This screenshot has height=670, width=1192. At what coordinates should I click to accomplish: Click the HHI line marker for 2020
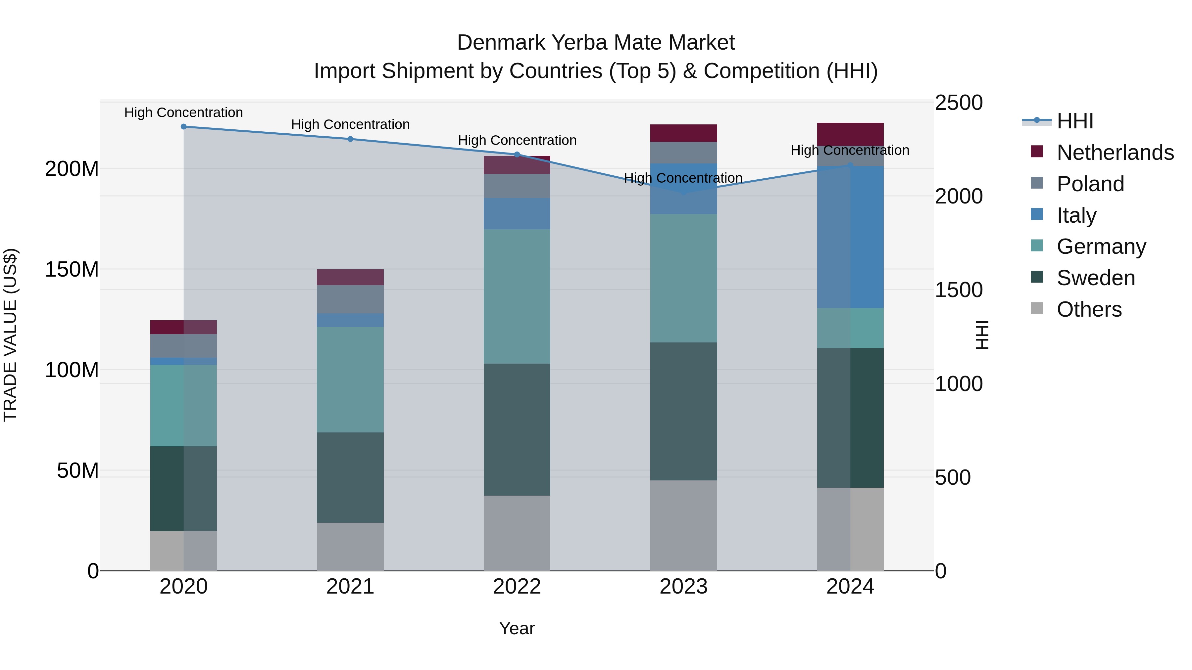click(x=184, y=127)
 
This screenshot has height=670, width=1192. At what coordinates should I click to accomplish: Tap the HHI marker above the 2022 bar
click(x=517, y=155)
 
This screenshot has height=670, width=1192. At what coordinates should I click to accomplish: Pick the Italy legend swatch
click(x=1037, y=214)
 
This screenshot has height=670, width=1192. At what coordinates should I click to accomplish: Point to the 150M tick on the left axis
click(x=72, y=269)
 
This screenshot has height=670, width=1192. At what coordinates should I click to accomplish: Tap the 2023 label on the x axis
click(x=683, y=587)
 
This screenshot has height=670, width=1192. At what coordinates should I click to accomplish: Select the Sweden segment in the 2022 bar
click(x=517, y=429)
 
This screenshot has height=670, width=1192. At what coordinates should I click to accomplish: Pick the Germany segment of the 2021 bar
click(x=350, y=380)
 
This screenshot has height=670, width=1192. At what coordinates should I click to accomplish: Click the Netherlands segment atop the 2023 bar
click(x=683, y=133)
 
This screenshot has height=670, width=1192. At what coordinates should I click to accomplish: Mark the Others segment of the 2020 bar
click(x=184, y=551)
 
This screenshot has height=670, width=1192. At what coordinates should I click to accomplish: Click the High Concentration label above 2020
click(x=184, y=113)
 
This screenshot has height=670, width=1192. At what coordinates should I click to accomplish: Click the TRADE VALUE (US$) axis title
click(x=10, y=335)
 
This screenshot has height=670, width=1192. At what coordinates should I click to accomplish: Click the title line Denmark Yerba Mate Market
click(x=596, y=43)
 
